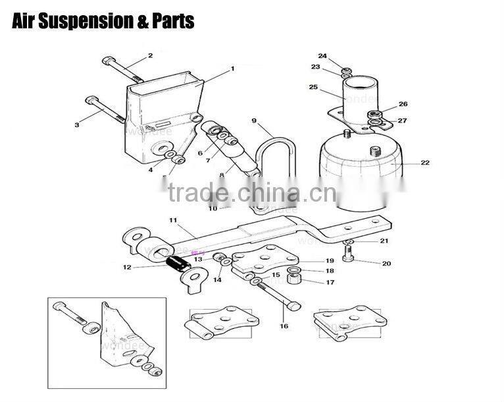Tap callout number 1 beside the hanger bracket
232,69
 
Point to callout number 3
77,124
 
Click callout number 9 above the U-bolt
253,120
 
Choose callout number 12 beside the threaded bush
127,267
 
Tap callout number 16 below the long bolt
284,326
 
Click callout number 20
386,264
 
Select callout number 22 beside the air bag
425,163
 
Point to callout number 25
313,88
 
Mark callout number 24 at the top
322,55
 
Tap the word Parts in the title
173,21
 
